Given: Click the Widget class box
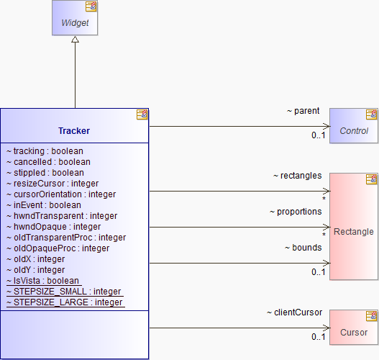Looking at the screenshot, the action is coord(75,18).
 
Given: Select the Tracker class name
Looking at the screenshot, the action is coord(74,131).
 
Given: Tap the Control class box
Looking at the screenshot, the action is coord(354,126).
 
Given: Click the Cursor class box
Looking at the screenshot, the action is coord(354,328).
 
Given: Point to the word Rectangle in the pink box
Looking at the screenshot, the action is coord(354,232).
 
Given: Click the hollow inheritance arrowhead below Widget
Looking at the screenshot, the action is coord(75,39).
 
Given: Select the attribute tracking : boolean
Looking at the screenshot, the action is coord(45,151).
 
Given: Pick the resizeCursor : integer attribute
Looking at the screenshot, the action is coord(52,184).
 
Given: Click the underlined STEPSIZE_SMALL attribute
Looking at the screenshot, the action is coord(64,292).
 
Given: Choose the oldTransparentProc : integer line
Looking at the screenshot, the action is coord(66,238).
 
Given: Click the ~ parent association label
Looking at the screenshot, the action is coord(303,111).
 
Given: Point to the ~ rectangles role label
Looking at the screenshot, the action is coord(298,176).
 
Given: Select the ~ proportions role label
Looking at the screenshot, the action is coord(296,212).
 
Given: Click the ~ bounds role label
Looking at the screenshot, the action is coord(303,248).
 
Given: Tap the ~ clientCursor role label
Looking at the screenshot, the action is coord(294,312).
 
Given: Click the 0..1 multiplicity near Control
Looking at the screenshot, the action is coord(319,135).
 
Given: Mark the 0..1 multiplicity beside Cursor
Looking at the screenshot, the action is coord(319,337).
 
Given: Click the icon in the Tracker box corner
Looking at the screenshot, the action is coord(142,114).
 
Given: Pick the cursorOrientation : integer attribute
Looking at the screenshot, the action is coord(61,194).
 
